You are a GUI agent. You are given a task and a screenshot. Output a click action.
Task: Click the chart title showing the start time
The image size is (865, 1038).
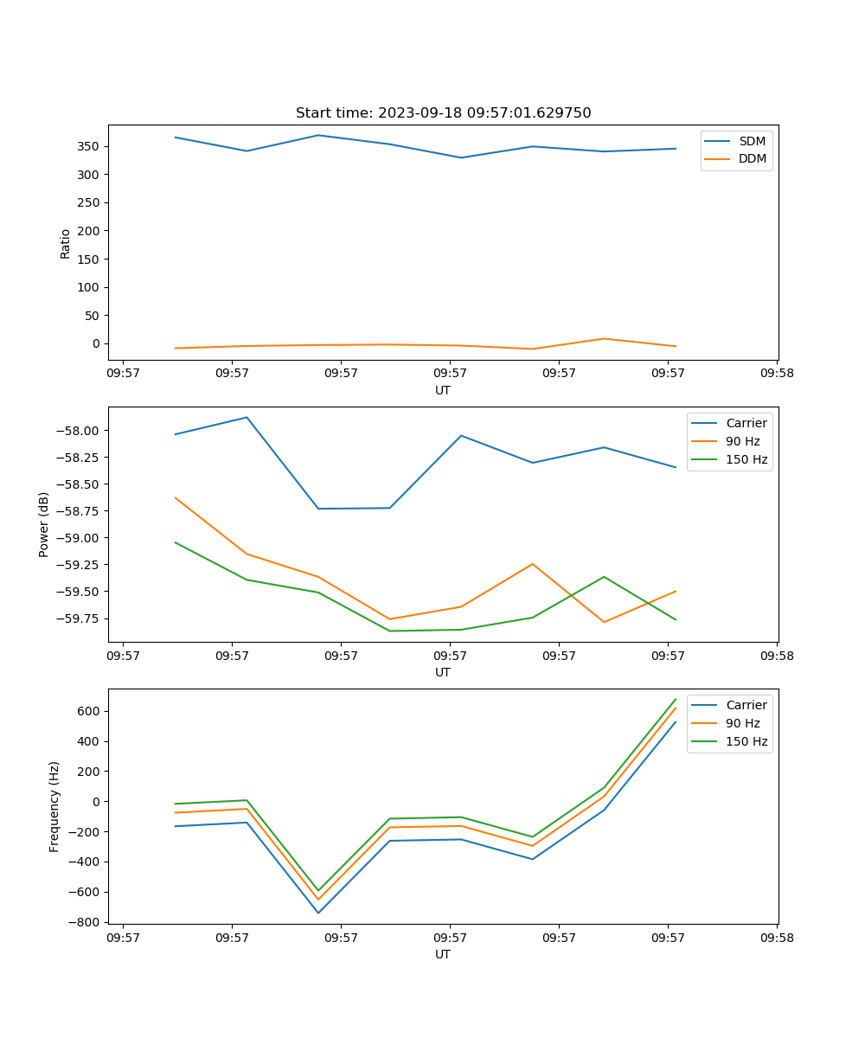pos(443,113)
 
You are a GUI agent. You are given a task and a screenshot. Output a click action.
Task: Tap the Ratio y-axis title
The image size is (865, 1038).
pos(66,243)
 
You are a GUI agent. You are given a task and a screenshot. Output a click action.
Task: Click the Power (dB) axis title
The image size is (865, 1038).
pos(44,524)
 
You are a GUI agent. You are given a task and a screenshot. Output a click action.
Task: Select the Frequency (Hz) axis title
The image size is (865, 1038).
pos(54,806)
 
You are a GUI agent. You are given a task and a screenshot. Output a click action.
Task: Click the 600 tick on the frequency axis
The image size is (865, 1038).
pos(88,711)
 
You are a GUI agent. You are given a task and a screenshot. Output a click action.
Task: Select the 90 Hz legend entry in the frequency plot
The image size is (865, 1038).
pos(742,723)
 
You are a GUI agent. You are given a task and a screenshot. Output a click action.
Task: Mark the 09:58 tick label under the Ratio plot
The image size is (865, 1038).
pos(777,374)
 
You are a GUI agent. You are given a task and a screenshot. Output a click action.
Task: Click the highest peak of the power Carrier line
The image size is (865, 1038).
pos(247,417)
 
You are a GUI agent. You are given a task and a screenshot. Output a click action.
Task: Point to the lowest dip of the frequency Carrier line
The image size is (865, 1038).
pos(318,913)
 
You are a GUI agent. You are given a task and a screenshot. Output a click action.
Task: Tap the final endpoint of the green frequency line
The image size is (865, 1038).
pos(676,699)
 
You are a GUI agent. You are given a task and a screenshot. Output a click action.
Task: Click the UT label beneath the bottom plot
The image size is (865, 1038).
pos(443,954)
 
